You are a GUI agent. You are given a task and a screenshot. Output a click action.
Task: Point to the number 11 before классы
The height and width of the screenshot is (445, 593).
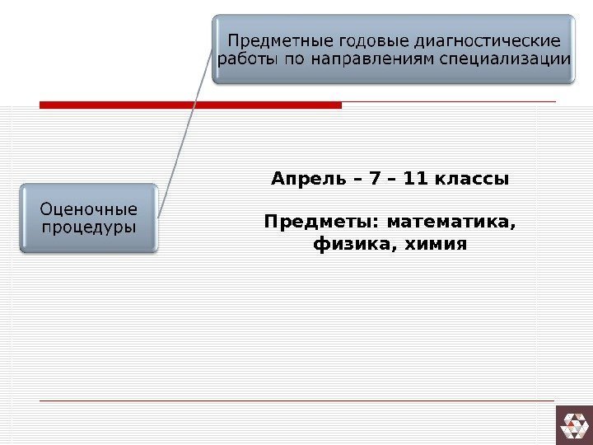click(x=419, y=178)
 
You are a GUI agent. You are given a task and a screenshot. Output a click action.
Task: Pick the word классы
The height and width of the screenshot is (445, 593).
click(x=475, y=178)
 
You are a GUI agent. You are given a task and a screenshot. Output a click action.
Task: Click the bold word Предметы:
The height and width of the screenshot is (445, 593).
click(x=322, y=223)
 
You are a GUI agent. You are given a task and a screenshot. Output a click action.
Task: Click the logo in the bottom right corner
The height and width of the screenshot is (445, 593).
click(x=574, y=424)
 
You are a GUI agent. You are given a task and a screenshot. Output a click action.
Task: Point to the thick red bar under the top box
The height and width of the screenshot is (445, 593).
click(x=190, y=105)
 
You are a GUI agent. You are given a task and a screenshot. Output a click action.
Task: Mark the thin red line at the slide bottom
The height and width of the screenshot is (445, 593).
click(x=296, y=400)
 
